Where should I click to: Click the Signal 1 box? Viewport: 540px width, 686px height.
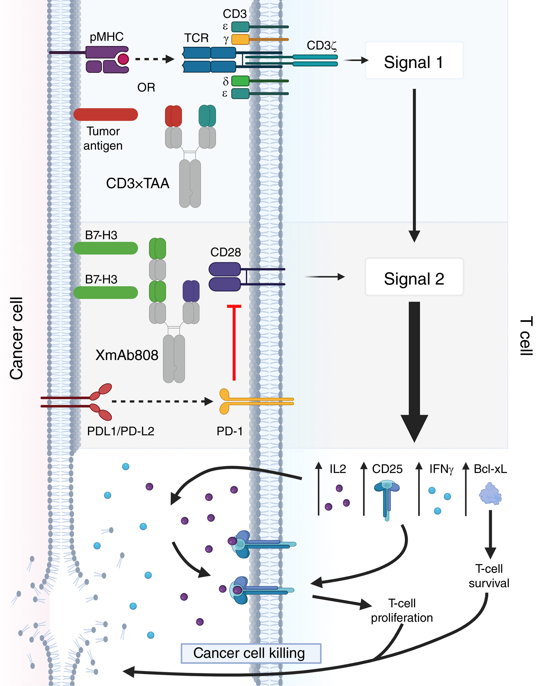click(x=414, y=61)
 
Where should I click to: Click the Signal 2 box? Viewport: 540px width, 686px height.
click(x=414, y=277)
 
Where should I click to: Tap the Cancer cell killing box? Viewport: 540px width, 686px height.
click(x=251, y=653)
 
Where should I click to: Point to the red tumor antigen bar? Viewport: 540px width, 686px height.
click(x=106, y=115)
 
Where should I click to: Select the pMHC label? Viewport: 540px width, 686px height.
click(x=106, y=37)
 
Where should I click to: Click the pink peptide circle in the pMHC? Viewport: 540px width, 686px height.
click(x=123, y=59)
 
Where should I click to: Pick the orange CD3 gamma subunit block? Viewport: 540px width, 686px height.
click(x=240, y=40)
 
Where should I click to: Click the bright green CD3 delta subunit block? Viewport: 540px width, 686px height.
click(x=240, y=81)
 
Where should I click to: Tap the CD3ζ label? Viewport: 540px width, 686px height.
click(x=321, y=46)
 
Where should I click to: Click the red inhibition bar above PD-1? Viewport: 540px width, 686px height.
click(x=234, y=343)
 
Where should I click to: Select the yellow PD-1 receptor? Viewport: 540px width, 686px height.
click(x=225, y=401)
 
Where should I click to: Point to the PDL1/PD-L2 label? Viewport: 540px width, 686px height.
click(x=121, y=431)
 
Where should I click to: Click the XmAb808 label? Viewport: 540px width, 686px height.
click(x=127, y=355)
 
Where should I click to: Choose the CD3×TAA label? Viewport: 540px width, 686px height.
click(x=138, y=183)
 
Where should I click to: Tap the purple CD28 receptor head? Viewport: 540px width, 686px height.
click(x=225, y=277)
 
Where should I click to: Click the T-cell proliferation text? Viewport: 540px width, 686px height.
click(x=402, y=610)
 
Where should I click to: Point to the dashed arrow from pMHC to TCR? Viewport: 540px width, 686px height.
click(x=154, y=59)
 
